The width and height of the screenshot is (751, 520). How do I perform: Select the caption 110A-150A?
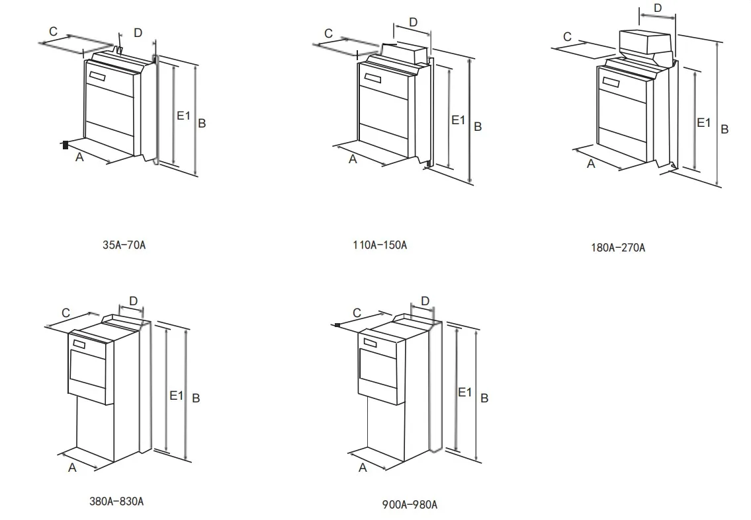[379, 245]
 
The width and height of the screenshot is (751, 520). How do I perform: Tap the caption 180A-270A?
[617, 248]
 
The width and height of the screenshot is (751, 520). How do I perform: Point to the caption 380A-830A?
[116, 501]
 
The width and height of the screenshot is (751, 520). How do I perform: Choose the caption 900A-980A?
[410, 505]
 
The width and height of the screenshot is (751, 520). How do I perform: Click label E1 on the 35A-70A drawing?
[183, 116]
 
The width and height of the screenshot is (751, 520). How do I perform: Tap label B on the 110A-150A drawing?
[478, 126]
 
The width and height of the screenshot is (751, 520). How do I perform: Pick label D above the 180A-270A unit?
[658, 8]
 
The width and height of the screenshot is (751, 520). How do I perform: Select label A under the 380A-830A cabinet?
[73, 468]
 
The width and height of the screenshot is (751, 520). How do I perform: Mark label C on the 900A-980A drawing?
[357, 313]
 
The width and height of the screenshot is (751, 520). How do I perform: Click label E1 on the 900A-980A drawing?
[465, 392]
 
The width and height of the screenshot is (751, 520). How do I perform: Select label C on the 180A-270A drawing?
[567, 38]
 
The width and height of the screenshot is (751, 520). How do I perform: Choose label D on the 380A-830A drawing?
[133, 301]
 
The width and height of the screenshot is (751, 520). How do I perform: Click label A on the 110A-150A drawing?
[353, 159]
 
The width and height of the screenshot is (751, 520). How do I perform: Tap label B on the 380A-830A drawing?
[196, 398]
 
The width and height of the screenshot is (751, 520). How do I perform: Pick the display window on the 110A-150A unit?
[372, 77]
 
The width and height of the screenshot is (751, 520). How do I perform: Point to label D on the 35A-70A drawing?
[138, 32]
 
